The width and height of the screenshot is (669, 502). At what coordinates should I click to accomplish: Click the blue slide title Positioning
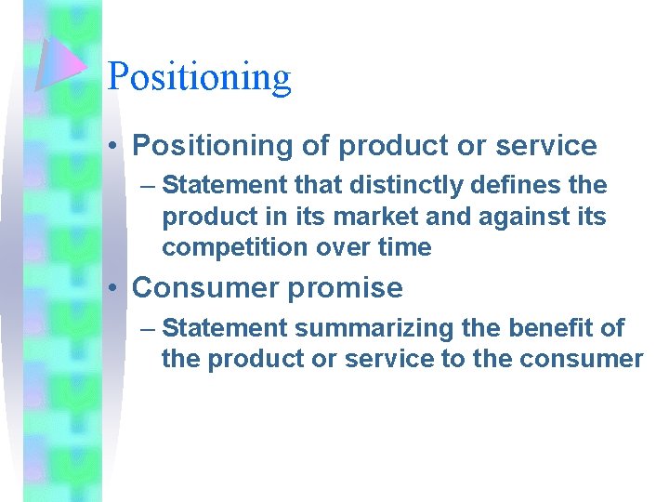(x=199, y=76)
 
